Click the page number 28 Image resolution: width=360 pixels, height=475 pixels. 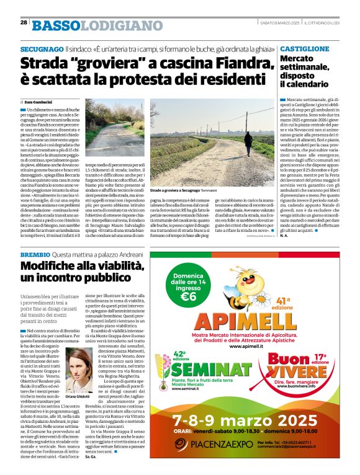[x=24, y=22]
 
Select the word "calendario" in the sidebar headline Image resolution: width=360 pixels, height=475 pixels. [x=303, y=83]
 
